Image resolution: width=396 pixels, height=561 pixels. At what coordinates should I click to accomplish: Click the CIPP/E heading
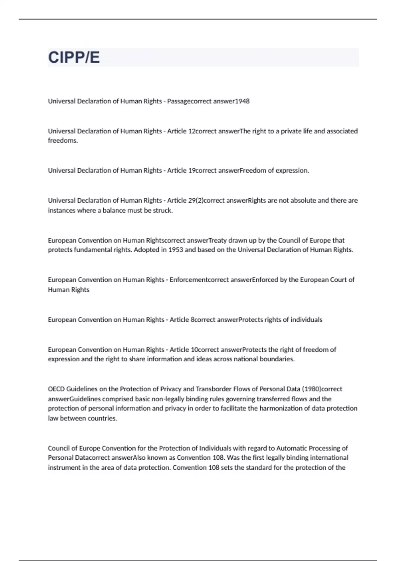[74, 57]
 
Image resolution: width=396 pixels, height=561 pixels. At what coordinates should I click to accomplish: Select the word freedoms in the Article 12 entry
[62, 141]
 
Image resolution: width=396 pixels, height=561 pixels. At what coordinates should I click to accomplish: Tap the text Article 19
[181, 171]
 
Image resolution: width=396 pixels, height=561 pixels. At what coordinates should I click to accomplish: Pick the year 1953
[176, 250]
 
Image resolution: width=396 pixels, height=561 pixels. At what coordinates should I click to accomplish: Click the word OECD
[56, 389]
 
